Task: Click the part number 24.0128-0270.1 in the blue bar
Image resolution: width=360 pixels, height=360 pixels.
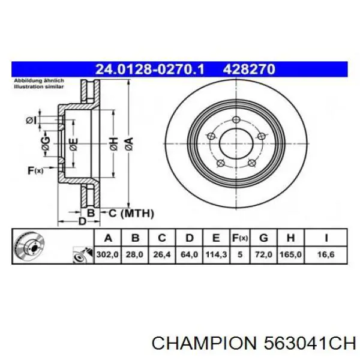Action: [149, 70]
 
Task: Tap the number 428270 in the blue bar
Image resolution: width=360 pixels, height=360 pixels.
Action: [249, 70]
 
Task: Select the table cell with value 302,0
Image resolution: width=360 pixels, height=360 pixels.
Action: [107, 254]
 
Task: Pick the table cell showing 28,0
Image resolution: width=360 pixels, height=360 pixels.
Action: [135, 254]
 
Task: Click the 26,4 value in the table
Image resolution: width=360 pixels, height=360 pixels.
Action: [162, 254]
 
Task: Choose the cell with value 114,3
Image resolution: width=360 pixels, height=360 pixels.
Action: [216, 254]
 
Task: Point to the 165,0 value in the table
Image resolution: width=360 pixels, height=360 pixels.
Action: [290, 254]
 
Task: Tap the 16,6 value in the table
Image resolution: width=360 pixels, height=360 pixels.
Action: [326, 254]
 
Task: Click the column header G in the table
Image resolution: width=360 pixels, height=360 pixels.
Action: [263, 238]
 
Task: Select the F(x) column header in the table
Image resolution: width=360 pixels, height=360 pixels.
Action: [240, 238]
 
